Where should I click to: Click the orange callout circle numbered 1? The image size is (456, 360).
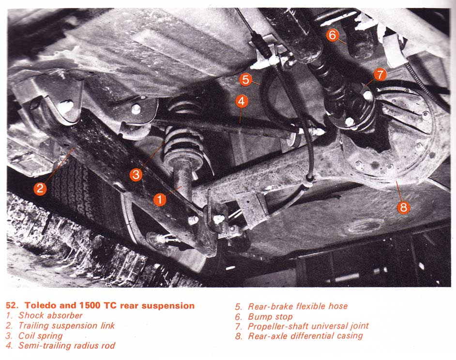pos(160,200)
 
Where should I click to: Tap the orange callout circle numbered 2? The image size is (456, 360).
pos(40,188)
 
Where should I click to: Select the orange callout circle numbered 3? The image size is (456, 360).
pos(136,174)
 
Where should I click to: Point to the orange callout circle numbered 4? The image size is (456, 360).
pos(242,101)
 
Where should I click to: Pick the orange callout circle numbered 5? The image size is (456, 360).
pos(246,79)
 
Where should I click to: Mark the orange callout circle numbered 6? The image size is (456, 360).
pos(333,35)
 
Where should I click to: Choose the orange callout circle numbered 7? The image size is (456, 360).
pos(380,75)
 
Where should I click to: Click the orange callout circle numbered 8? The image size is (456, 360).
pos(403,207)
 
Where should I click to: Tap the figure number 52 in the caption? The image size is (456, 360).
pos(11,305)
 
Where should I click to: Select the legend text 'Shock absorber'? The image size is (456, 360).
pos(50,315)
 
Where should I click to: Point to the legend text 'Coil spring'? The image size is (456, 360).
pos(41,336)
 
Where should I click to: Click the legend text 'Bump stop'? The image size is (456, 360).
pos(270,317)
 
